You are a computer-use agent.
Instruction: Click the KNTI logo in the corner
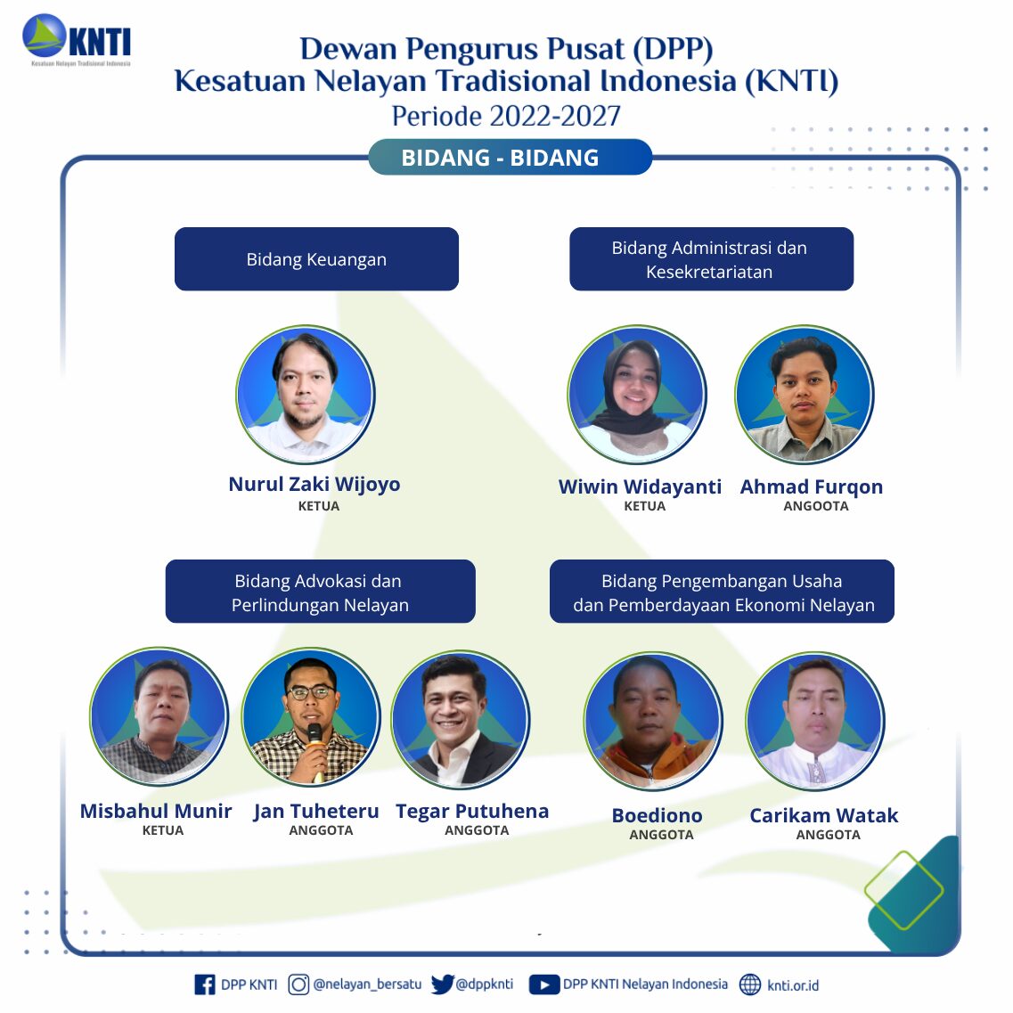pos(77,40)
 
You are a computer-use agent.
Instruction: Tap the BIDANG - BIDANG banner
pos(510,157)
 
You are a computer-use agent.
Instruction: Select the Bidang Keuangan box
pos(316,259)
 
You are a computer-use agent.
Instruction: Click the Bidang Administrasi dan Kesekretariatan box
pos(711,259)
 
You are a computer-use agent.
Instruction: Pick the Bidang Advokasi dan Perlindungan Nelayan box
pos(321,591)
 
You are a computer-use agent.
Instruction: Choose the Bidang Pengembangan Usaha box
pos(722,591)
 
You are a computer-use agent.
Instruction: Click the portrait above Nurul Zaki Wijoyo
pos(306,394)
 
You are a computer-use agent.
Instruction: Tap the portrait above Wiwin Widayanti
pos(637,394)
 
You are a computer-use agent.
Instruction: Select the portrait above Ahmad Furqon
pos(805,394)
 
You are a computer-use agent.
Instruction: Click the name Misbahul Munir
pos(156,811)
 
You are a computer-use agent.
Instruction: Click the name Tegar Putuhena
pos(472,811)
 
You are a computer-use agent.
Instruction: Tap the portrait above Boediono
pos(653,721)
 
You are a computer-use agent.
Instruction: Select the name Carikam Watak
pos(824,815)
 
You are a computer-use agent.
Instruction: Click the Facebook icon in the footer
pos(205,984)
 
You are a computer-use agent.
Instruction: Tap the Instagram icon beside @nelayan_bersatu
pos(298,984)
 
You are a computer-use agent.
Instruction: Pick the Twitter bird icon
pos(443,984)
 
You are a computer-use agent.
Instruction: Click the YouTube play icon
pos(544,984)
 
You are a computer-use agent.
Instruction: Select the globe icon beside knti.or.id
pos(750,984)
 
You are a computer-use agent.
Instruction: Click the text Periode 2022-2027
pos(506,117)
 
